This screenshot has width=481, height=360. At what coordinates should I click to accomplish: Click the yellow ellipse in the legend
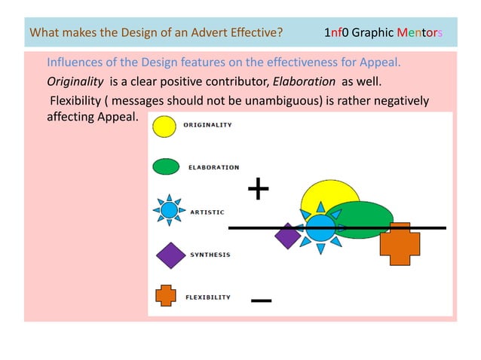(164, 126)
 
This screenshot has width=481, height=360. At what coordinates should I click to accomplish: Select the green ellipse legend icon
(166, 167)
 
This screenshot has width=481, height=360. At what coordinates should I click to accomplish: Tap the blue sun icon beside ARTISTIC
(169, 211)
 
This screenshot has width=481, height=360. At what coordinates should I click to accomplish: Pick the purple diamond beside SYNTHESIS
(170, 255)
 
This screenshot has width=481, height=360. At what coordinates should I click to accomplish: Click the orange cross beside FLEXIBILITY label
(166, 296)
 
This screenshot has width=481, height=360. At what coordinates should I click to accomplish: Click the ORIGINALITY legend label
(208, 125)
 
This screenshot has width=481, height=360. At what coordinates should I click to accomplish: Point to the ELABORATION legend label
(213, 167)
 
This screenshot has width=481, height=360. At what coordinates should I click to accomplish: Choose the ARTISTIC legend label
(207, 212)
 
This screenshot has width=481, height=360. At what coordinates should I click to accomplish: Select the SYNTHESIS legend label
(210, 255)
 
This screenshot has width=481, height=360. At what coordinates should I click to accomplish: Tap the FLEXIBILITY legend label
(208, 297)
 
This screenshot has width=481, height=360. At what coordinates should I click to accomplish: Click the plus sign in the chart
(259, 190)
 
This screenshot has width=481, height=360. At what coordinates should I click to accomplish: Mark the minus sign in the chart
(261, 301)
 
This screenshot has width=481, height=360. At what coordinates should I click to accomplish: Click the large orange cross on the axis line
(400, 243)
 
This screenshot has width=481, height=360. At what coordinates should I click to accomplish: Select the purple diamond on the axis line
(287, 236)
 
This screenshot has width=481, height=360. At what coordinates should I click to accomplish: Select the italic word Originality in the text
(75, 81)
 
